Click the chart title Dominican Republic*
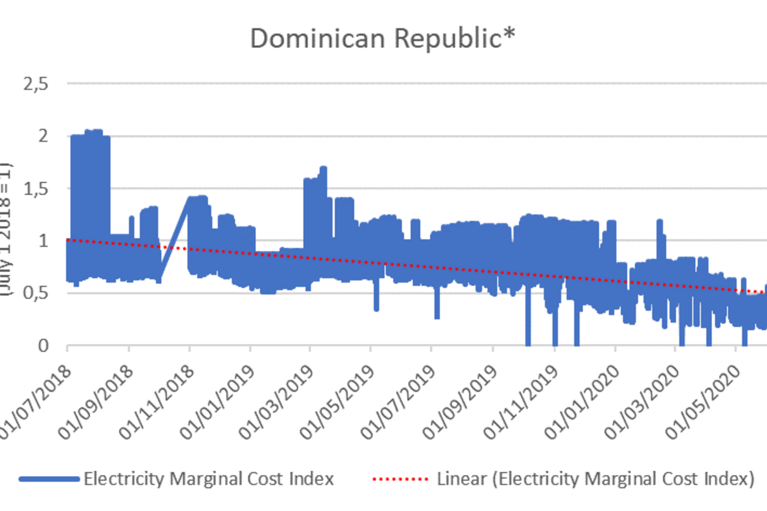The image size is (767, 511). pyautogui.click(x=382, y=38)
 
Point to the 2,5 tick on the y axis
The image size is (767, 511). pyautogui.click(x=36, y=84)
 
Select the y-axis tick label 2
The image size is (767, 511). pyautogui.click(x=43, y=136)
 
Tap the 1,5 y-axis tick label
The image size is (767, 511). pyautogui.click(x=36, y=188)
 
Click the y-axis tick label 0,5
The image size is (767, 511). pyautogui.click(x=36, y=293)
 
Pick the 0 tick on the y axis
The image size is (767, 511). pyautogui.click(x=43, y=346)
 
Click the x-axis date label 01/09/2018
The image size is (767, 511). pyautogui.click(x=96, y=402)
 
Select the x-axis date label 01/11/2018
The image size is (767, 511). pyautogui.click(x=157, y=402)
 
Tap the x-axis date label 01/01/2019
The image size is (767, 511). pyautogui.click(x=217, y=402)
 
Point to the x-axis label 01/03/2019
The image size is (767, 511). pyautogui.click(x=277, y=402)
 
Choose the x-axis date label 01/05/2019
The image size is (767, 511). pyautogui.click(x=338, y=402)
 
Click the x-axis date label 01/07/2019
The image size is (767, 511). pyautogui.click(x=398, y=402)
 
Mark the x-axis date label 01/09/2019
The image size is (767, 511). pyautogui.click(x=460, y=402)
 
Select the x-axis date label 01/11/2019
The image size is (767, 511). pyautogui.click(x=521, y=402)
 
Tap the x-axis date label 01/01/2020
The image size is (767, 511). pyautogui.click(x=582, y=402)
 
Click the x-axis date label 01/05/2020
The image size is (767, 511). pyautogui.click(x=703, y=402)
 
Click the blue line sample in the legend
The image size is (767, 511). pyautogui.click(x=49, y=479)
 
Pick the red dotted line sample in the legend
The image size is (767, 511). pyautogui.click(x=401, y=479)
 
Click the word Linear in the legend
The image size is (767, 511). pyautogui.click(x=461, y=479)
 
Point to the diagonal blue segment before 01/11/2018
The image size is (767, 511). pyautogui.click(x=174, y=240)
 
